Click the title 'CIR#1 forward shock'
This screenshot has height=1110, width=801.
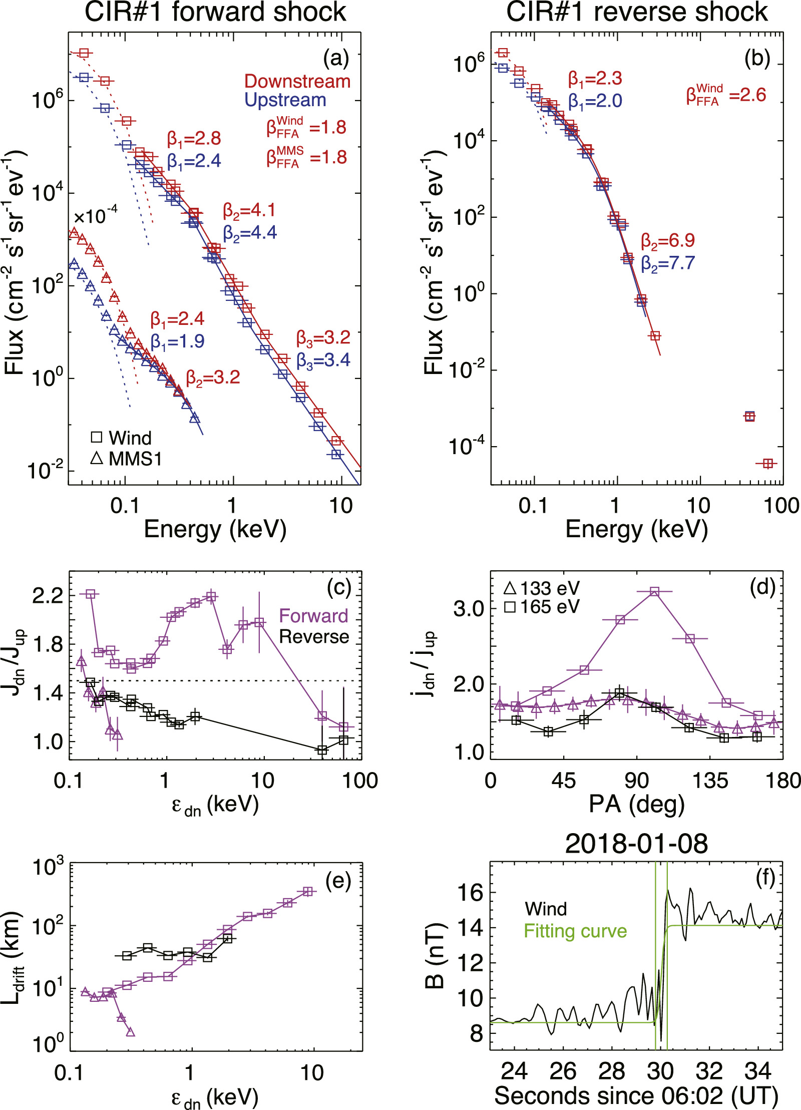point(215,12)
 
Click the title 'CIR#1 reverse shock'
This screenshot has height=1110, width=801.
point(637,12)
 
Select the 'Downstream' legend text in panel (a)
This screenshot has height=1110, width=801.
point(297,81)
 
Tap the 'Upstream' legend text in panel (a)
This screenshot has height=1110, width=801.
point(285,100)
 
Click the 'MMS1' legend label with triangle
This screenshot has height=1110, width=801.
point(135,459)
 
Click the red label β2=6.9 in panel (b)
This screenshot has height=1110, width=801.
point(668,241)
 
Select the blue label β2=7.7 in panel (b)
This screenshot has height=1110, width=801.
point(668,263)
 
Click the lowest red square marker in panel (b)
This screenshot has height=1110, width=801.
point(767,464)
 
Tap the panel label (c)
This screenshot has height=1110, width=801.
point(338,587)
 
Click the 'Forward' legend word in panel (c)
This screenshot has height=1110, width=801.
point(313,616)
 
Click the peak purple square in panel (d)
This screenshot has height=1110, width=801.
point(654,591)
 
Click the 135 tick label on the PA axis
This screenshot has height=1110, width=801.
point(710,780)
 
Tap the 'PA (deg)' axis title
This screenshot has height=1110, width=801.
point(636,804)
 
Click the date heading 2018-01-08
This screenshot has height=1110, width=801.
point(636,844)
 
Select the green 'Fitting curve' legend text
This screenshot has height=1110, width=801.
point(575,931)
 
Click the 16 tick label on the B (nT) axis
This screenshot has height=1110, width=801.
point(470,893)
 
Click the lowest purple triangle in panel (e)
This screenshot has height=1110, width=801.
point(130,1031)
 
